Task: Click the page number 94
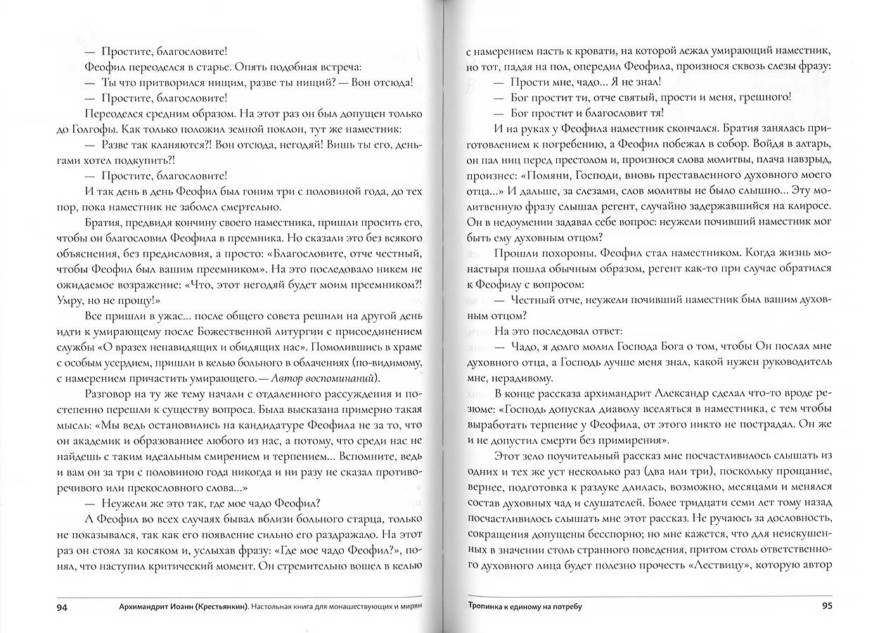[63, 606]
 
